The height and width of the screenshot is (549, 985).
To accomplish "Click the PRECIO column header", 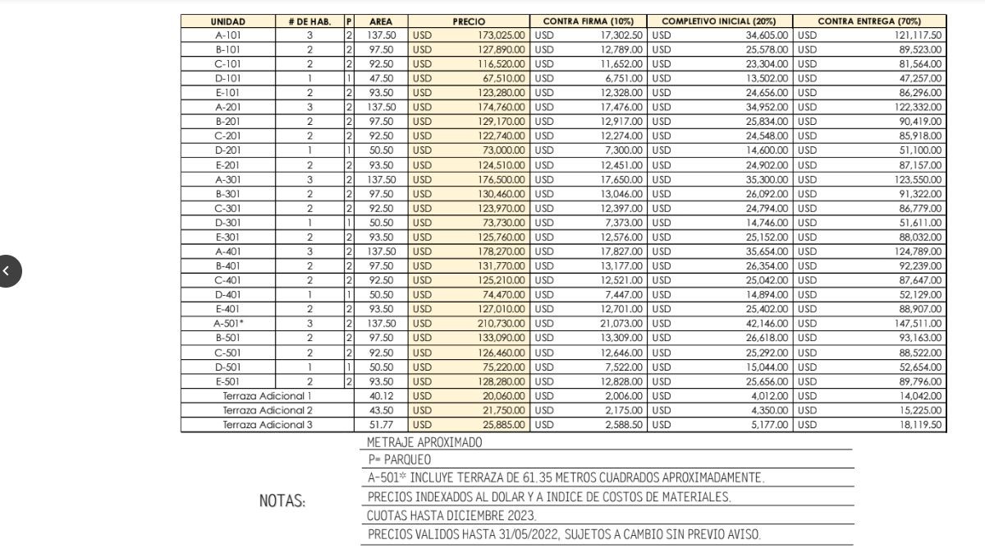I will (x=469, y=21).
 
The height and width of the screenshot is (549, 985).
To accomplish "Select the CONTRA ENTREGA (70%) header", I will (x=869, y=21).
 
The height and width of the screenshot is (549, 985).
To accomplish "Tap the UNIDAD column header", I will (x=227, y=21).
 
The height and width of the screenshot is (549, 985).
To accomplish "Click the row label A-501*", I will (x=229, y=324).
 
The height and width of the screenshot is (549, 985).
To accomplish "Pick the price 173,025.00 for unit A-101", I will (x=502, y=35).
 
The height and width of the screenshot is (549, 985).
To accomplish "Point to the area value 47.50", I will (x=381, y=78).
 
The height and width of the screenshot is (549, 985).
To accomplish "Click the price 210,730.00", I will (x=502, y=324).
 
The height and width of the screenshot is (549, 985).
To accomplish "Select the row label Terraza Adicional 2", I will (x=268, y=410).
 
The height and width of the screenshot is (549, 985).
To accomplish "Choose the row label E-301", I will (x=228, y=238).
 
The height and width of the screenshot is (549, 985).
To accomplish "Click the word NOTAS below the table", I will (x=282, y=501).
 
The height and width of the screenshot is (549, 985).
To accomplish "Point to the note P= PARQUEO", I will (x=400, y=459).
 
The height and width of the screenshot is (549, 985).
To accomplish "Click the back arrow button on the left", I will (x=7, y=270).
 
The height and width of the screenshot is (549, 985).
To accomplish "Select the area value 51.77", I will (x=381, y=425).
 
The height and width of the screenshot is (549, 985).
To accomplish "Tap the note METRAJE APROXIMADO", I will (x=424, y=442).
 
